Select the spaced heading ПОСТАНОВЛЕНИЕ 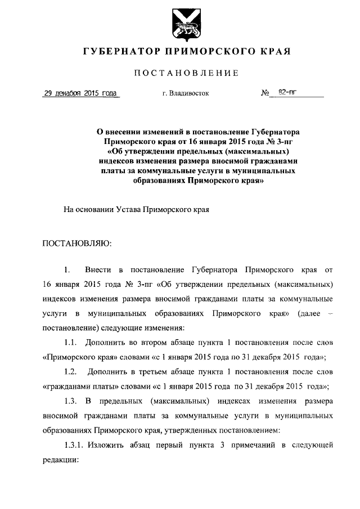186,73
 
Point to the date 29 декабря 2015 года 80,93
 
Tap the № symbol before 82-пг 265,93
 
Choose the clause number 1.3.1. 74,445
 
